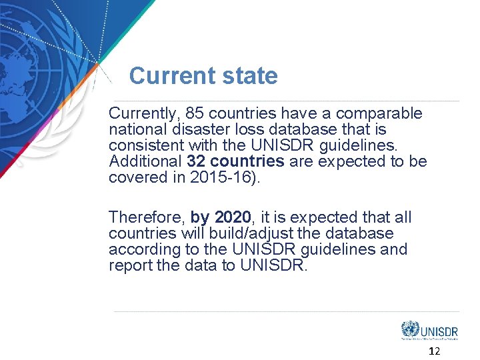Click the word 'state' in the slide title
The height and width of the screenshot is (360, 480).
(250, 76)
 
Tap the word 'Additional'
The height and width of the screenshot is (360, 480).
(145, 161)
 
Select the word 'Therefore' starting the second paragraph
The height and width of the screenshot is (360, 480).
(146, 217)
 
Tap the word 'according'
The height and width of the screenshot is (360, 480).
(139, 249)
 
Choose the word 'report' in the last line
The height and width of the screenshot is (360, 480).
(129, 265)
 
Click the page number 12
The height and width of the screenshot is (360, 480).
(434, 351)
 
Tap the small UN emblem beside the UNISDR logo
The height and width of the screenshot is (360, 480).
(410, 329)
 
